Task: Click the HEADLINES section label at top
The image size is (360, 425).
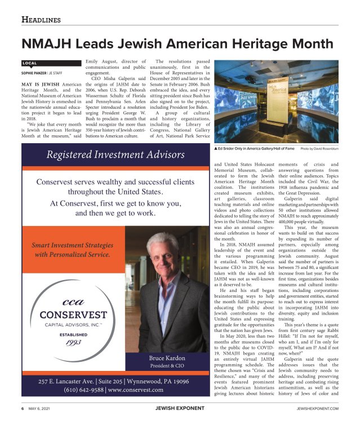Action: [x=41, y=20]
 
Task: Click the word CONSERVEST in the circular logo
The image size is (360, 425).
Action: [x=69, y=314]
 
